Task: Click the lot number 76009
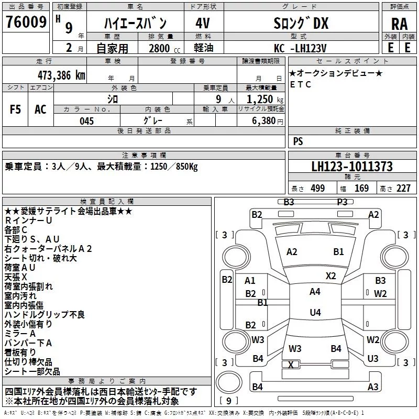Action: coord(26,22)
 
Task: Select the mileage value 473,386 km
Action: coord(61,75)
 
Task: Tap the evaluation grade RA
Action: coord(399,24)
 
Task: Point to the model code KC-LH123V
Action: coord(300,48)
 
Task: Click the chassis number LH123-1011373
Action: coord(352,167)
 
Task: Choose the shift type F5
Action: coord(15,109)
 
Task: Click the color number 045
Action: coord(87,121)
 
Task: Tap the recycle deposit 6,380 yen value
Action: coord(268,121)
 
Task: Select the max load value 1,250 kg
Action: coord(264,100)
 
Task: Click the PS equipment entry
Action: coord(298,141)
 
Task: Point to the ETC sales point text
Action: coord(300,84)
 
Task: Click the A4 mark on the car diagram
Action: coord(315,292)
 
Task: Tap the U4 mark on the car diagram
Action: coord(315,312)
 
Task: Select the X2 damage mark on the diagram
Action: coord(330,275)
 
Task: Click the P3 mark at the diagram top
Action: coord(342,202)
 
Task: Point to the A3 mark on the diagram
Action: coord(373,387)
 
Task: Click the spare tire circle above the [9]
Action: coord(229,382)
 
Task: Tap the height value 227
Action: coord(403,188)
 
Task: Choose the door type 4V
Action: coord(203,23)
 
